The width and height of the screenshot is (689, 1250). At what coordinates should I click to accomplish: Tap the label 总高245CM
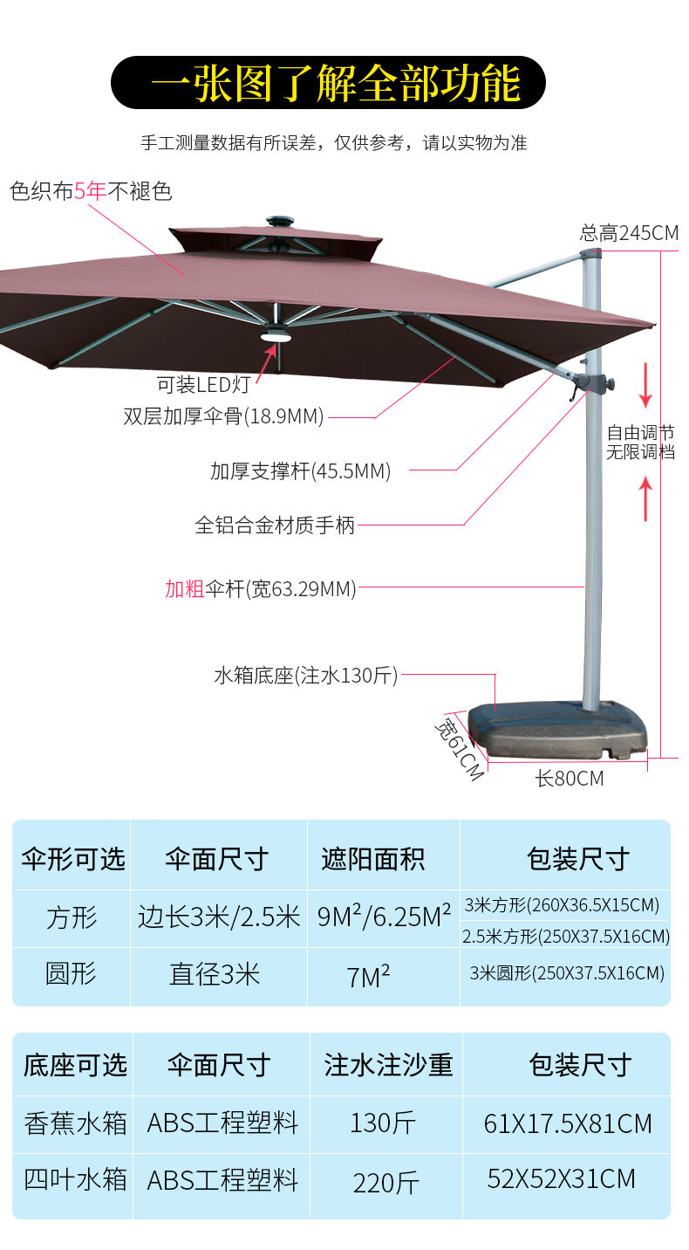[628, 233]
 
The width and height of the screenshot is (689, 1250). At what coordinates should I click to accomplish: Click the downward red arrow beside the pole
[645, 386]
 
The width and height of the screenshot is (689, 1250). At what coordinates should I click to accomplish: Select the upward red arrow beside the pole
[645, 498]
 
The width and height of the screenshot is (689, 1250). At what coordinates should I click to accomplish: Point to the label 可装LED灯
[204, 383]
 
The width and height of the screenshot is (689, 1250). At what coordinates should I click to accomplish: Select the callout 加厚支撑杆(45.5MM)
[300, 471]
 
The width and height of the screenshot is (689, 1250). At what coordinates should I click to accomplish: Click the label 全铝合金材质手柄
[275, 525]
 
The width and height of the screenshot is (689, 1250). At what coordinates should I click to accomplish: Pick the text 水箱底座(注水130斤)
[305, 676]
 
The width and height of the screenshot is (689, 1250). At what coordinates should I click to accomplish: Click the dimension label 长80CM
[570, 778]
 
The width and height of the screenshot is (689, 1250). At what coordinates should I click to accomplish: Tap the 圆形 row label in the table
[71, 974]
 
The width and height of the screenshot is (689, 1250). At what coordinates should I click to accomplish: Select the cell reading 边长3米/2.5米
[219, 917]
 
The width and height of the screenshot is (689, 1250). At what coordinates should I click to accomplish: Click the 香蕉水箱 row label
[75, 1123]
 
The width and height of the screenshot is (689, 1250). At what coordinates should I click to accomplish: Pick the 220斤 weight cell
[385, 1183]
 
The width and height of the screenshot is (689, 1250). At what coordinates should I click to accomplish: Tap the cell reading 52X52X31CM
[562, 1179]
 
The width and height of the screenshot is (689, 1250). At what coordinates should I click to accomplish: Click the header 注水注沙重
[388, 1065]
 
